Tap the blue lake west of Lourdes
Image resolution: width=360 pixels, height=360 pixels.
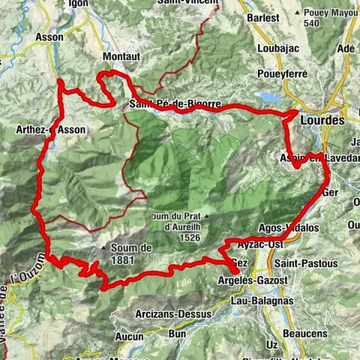270,98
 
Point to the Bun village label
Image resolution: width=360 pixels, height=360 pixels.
178,332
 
